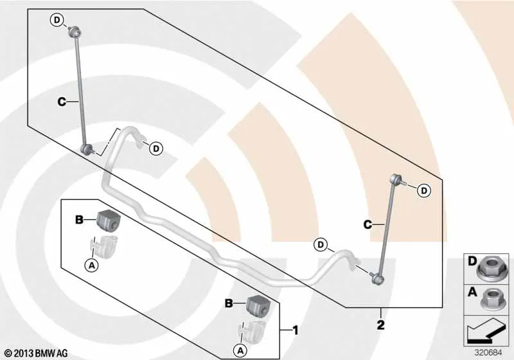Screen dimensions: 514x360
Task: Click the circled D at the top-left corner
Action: pos(57,21)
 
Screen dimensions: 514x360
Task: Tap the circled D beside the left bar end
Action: pos(156,149)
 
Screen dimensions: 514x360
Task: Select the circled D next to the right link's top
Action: pos(424,190)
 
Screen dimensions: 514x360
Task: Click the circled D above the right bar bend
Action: pos(320,244)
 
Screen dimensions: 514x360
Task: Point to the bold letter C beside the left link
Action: pos(61,102)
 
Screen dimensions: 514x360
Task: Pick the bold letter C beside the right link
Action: pos(368,224)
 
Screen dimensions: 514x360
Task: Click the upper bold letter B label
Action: pos(79,219)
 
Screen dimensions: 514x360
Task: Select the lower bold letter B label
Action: pos(229,303)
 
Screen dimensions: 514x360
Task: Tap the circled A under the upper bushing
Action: pos(92,265)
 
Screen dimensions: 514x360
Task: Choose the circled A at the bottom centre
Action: pos(240,351)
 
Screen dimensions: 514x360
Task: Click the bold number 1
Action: pos(296,330)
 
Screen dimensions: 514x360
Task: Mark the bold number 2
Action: pos(380,325)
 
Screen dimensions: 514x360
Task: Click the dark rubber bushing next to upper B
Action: pos(108,219)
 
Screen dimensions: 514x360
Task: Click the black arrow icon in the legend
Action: pos(486,333)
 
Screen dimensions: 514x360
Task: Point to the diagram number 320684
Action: pos(488,352)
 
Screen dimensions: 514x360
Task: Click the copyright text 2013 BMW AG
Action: pos(37,353)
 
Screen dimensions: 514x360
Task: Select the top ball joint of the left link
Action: pos(75,33)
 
